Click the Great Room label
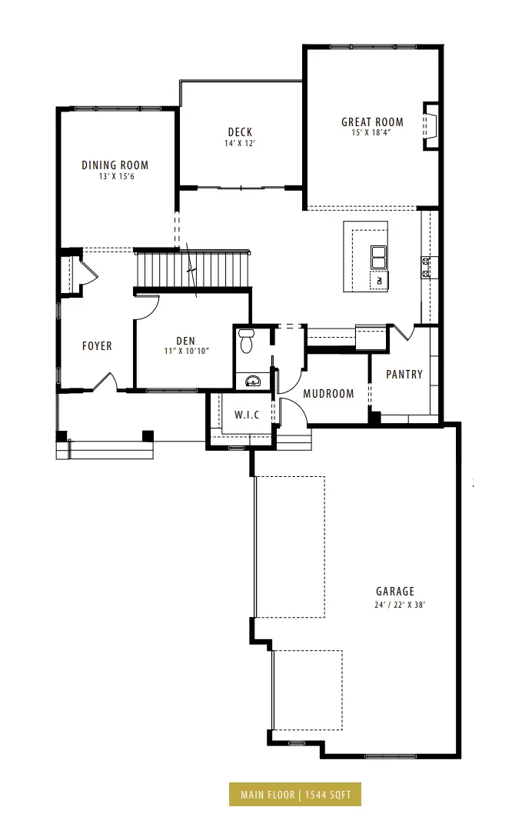pos(372,122)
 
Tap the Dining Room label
pos(115,165)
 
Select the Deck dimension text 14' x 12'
pos(240,143)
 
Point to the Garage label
pos(395,592)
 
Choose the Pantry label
pos(404,374)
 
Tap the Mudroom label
pos(328,393)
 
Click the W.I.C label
pos(247,415)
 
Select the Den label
pos(186,341)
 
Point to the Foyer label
pos(97,346)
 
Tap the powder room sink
pos(253,381)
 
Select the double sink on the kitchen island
pos(378,257)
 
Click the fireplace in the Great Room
pos(431,125)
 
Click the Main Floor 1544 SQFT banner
pos(295,795)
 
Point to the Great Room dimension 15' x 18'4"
pos(371,133)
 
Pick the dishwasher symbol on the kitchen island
pos(379,281)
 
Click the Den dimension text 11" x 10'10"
pos(186,351)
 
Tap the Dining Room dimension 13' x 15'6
pos(117,177)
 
